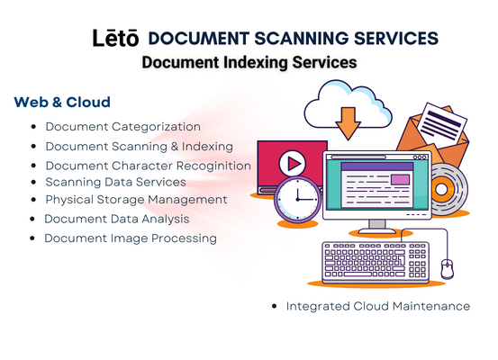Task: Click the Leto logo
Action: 115,38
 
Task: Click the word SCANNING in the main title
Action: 302,39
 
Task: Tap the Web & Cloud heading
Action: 62,103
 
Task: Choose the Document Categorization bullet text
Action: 122,127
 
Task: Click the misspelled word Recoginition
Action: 213,166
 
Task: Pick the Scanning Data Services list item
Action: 115,182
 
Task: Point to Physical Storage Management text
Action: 136,200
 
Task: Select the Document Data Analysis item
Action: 117,219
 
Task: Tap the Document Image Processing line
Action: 131,238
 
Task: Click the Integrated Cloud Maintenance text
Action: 378,306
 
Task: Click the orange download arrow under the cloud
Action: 349,123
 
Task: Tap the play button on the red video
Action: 292,163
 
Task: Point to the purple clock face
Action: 297,200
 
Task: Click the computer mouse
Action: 448,268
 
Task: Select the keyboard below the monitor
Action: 376,263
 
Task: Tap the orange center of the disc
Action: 441,190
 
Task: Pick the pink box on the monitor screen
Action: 400,179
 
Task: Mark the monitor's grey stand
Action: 377,226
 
